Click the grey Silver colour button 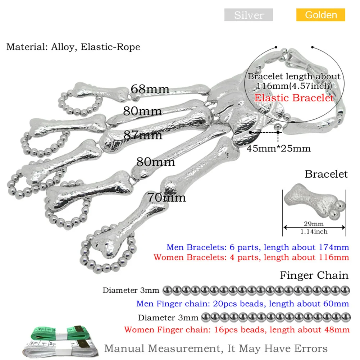(249, 15)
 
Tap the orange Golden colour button (321, 15)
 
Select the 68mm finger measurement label (150, 89)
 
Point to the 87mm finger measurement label (143, 135)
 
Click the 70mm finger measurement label (166, 197)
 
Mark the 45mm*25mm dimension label (278, 148)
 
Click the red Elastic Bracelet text (294, 98)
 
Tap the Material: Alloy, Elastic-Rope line (73, 47)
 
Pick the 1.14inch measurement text (314, 232)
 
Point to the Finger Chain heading (314, 275)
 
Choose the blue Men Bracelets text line (258, 247)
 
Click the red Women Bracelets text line (251, 258)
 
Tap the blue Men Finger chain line (242, 304)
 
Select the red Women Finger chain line (237, 329)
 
